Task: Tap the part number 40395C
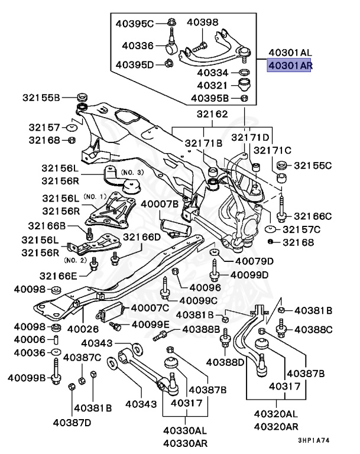(x=134, y=24)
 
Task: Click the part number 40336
(x=138, y=45)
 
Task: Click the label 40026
(x=82, y=329)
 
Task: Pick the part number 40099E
(x=150, y=325)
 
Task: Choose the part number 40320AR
(x=276, y=426)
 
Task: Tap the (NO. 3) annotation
(x=132, y=172)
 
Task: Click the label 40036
(x=30, y=353)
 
